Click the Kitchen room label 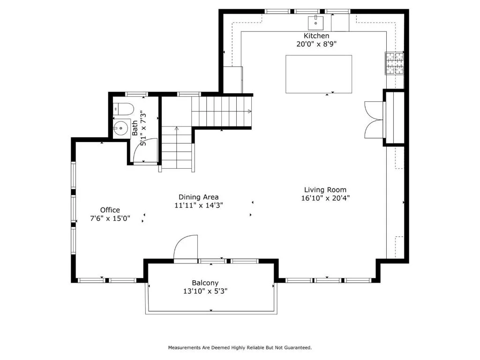316,36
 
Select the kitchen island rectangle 319,74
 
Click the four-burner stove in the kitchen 395,63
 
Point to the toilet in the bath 123,109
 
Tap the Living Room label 325,190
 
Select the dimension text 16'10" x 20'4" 325,198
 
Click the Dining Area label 198,197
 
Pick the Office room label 110,210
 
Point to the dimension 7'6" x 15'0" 110,218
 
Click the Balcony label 205,283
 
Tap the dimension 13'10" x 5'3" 205,291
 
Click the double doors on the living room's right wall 374,120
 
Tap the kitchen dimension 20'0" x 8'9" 316,44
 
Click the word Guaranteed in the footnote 298,347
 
